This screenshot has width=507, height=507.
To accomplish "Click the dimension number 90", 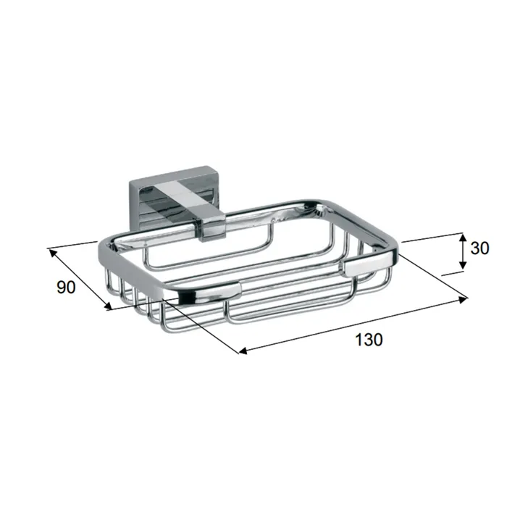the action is coord(66,287).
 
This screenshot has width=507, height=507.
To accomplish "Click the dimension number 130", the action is coord(369,340).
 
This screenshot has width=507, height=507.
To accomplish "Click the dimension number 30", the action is coord(479,248).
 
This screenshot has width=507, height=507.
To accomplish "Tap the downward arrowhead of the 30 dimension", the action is coord(463,264).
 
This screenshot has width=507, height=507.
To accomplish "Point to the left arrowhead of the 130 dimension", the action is coord(243,351).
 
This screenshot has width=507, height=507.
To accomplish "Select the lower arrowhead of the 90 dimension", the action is coord(106,305).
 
